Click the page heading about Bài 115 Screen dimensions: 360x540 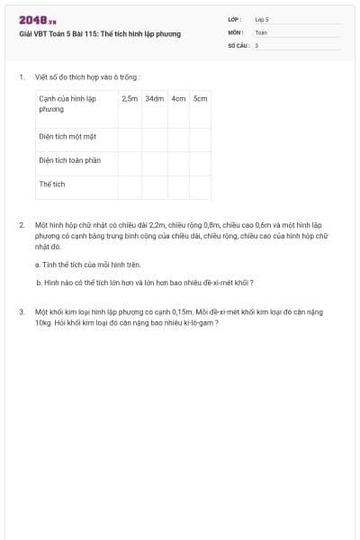tap(100, 33)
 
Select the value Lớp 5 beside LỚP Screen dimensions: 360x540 tap(262, 19)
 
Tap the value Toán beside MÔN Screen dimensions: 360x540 tap(260, 31)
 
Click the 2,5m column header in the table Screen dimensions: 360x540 tap(130, 98)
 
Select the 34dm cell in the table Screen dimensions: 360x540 tap(154, 98)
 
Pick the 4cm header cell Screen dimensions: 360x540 tap(178, 98)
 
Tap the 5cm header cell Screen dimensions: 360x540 tap(200, 98)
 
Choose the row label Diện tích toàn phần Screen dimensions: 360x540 tap(69, 160)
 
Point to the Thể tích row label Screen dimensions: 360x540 tap(52, 184)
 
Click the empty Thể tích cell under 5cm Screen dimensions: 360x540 tap(200, 184)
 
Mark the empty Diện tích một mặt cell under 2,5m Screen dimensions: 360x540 tap(130, 138)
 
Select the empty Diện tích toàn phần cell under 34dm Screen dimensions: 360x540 tap(154, 161)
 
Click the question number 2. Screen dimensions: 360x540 tap(21, 222)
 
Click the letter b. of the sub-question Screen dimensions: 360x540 tap(39, 282)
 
